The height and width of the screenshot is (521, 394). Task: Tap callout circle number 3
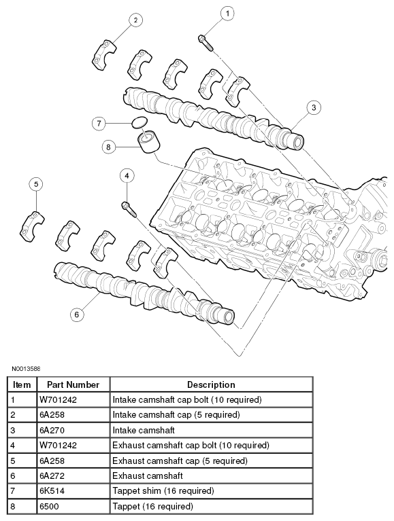point(312,107)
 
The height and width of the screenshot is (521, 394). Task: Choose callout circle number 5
point(37,184)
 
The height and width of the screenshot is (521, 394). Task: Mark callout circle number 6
point(77,314)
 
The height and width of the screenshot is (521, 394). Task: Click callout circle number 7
point(99,123)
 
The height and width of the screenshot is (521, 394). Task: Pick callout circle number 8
point(108,146)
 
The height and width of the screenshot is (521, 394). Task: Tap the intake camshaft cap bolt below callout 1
point(206,42)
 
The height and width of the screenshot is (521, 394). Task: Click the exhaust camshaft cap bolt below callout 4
point(128,208)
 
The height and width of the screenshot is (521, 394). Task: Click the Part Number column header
point(73,384)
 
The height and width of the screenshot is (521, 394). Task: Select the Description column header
point(211,384)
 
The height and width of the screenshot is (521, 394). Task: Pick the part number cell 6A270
point(52,430)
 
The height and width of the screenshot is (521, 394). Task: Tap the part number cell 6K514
point(52,491)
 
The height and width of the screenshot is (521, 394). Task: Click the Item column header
point(22,384)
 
